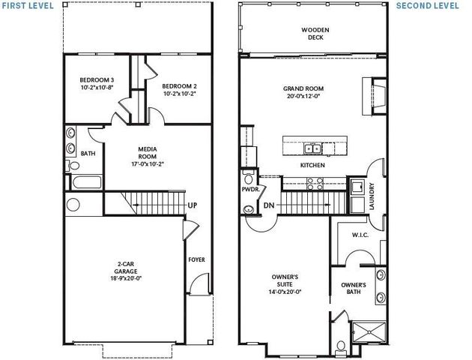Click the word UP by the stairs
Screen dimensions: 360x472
193,205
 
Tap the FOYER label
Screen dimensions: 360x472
196,260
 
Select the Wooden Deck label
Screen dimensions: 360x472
315,34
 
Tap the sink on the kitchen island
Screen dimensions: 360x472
315,147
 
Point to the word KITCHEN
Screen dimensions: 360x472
312,164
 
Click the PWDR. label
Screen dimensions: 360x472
250,190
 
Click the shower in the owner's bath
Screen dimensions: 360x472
369,331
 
